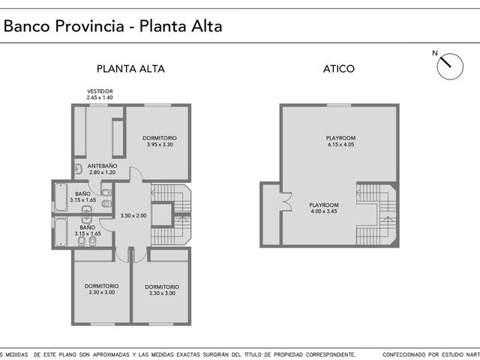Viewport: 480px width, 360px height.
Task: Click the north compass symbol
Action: point(450,67)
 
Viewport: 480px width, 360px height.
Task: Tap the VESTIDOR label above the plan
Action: point(100,91)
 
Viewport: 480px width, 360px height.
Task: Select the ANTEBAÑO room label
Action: point(102,166)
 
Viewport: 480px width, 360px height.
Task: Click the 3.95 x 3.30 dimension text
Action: point(160,145)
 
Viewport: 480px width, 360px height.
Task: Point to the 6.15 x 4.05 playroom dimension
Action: point(340,145)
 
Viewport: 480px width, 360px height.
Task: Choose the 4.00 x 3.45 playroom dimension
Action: point(324,211)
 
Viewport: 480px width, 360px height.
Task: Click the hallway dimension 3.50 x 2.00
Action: point(133,215)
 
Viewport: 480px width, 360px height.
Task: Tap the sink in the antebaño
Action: point(78,169)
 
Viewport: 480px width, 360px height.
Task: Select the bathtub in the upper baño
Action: point(61,197)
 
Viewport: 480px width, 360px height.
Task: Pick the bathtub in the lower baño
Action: point(61,232)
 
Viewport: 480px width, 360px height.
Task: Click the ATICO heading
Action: point(339,68)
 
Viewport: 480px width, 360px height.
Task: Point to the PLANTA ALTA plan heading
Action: point(130,68)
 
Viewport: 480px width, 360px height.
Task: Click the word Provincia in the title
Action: point(90,25)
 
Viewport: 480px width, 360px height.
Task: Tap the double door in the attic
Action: point(287,202)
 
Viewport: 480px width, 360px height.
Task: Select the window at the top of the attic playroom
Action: point(339,105)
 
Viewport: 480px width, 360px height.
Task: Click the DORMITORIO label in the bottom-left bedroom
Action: point(102,286)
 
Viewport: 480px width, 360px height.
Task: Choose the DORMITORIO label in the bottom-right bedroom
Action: point(162,286)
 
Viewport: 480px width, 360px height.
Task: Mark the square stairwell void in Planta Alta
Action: point(162,214)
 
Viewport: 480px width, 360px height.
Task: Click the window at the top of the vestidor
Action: point(98,105)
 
